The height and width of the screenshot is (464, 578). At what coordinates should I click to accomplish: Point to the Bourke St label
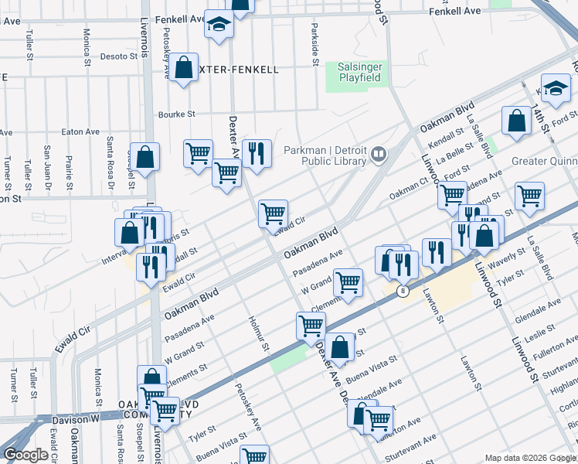coord(176,114)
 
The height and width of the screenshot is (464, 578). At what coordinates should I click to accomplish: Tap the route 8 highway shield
coord(403,291)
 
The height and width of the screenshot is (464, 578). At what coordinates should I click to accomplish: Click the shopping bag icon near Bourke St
coord(185,67)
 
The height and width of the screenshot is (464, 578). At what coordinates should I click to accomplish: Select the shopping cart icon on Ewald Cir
coord(273,213)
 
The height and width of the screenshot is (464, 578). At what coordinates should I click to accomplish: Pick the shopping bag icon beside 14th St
coord(515,121)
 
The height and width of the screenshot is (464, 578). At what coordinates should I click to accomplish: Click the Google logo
coord(25,454)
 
